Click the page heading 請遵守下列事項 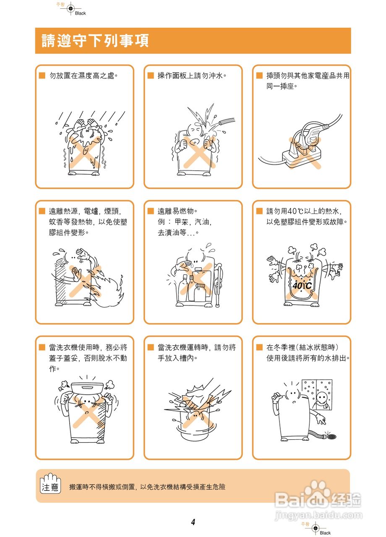(x=95, y=41)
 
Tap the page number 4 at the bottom (x=193, y=522)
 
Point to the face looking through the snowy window (x=321, y=397)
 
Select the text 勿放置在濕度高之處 (x=83, y=76)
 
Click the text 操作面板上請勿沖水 (x=192, y=76)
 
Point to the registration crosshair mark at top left (x=70, y=8)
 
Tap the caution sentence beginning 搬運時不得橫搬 (x=148, y=487)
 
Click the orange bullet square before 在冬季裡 (x=259, y=347)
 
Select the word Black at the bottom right (x=325, y=533)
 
